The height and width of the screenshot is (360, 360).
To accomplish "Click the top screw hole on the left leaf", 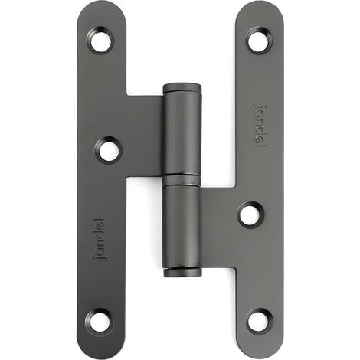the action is point(100,41).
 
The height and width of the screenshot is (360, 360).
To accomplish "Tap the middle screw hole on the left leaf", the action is point(108,150).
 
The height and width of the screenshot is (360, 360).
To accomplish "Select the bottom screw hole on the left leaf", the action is point(99,320).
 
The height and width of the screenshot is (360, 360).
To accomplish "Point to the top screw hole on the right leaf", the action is point(260,40).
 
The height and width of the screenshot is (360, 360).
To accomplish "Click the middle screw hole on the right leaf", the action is point(251,214).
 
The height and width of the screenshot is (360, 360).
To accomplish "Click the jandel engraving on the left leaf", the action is point(100,240).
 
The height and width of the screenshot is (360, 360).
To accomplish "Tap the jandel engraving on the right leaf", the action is point(260,126).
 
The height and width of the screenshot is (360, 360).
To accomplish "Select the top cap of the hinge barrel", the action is point(182,87).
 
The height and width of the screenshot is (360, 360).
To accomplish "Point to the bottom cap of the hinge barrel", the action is point(182,273).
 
